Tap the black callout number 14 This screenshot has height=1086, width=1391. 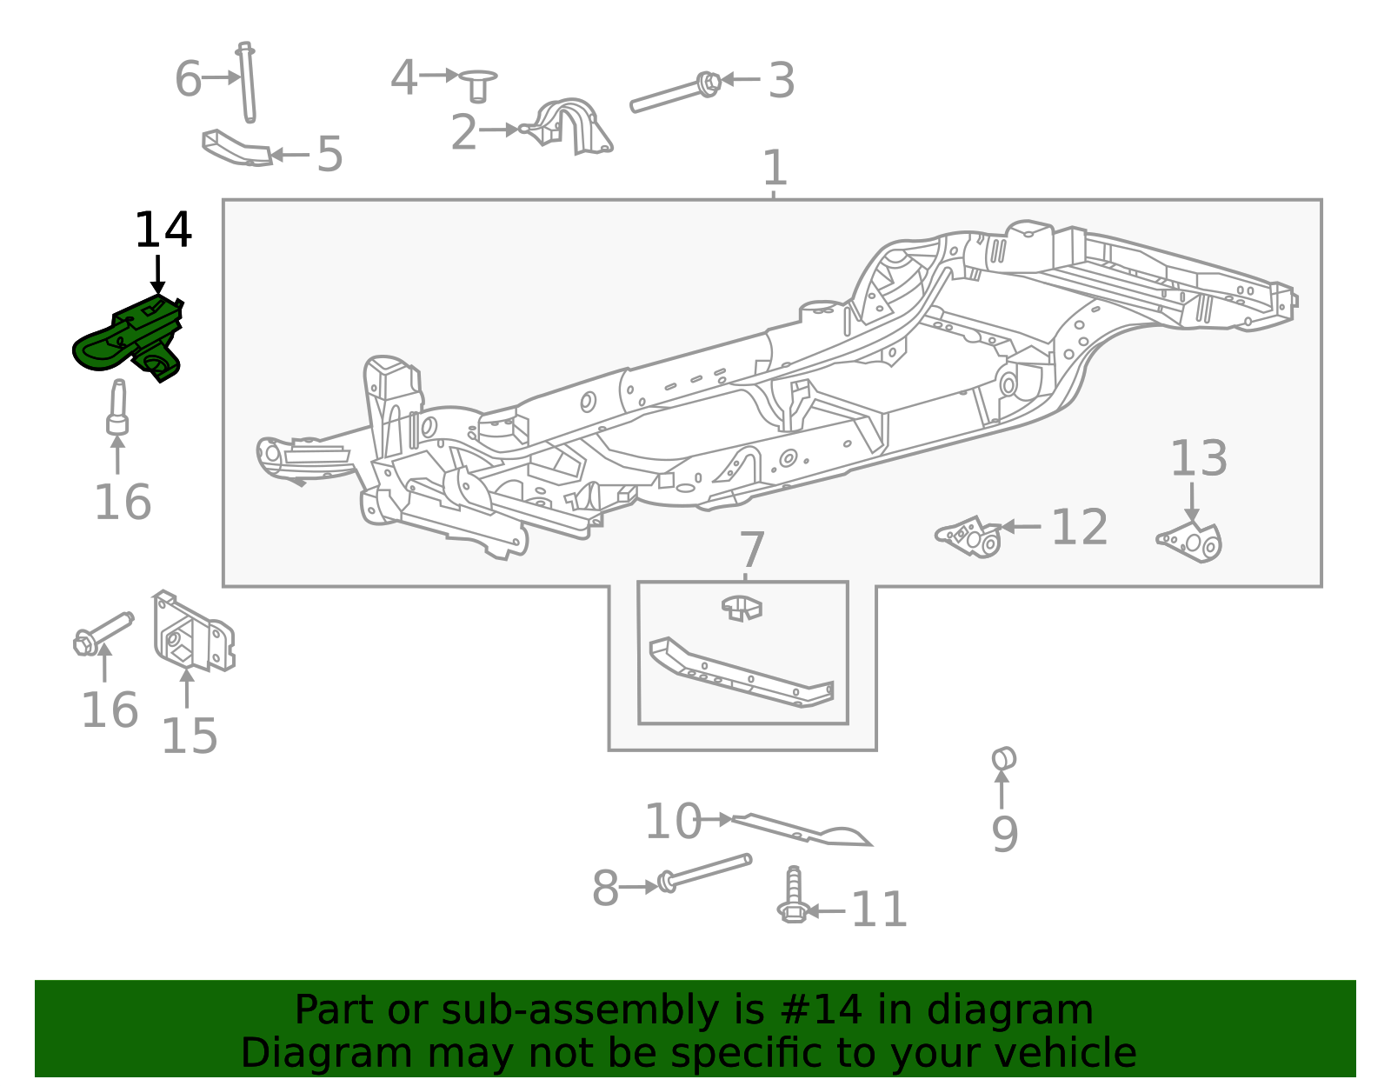(163, 231)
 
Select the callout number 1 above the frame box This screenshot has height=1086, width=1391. (774, 168)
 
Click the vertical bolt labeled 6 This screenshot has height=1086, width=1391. (247, 83)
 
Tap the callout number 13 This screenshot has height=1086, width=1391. (1198, 458)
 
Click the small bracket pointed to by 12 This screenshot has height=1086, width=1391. (969, 536)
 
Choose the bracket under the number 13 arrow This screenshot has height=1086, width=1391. (1193, 541)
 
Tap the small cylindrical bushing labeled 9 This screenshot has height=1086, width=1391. (1003, 758)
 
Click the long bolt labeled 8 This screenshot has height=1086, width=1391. (704, 871)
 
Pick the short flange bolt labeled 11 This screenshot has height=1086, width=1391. (792, 896)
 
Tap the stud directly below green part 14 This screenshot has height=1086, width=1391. (117, 409)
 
